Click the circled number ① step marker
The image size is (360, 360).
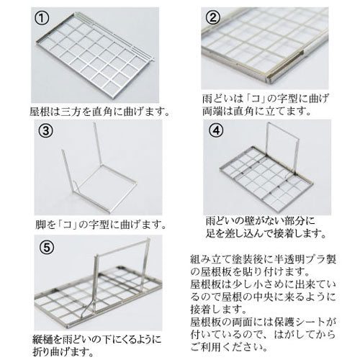tap(42, 18)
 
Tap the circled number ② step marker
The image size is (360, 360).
tap(212, 17)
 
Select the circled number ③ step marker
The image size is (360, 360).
tap(45, 130)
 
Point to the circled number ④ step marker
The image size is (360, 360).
tap(216, 130)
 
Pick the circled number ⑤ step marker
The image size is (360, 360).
tap(47, 247)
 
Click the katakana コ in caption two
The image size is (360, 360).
tap(256, 99)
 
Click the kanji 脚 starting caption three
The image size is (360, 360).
tap(40, 225)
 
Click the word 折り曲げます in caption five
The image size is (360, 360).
tap(60, 352)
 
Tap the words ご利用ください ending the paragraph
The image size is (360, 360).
tap(226, 347)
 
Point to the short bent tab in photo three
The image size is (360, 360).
tap(76, 186)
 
